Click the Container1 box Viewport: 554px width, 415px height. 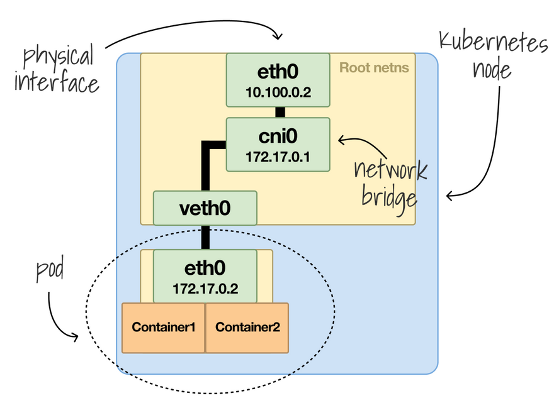163,328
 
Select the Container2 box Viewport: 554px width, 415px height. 247,328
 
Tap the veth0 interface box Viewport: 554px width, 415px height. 205,208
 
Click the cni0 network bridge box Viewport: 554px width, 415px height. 278,144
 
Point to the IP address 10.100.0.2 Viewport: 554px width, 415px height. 278,94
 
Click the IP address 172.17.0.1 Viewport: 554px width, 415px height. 278,157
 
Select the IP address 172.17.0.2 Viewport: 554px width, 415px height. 205,290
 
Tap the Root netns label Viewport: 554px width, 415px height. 374,67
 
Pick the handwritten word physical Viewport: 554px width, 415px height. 59,58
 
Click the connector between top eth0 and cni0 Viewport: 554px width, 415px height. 280,112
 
